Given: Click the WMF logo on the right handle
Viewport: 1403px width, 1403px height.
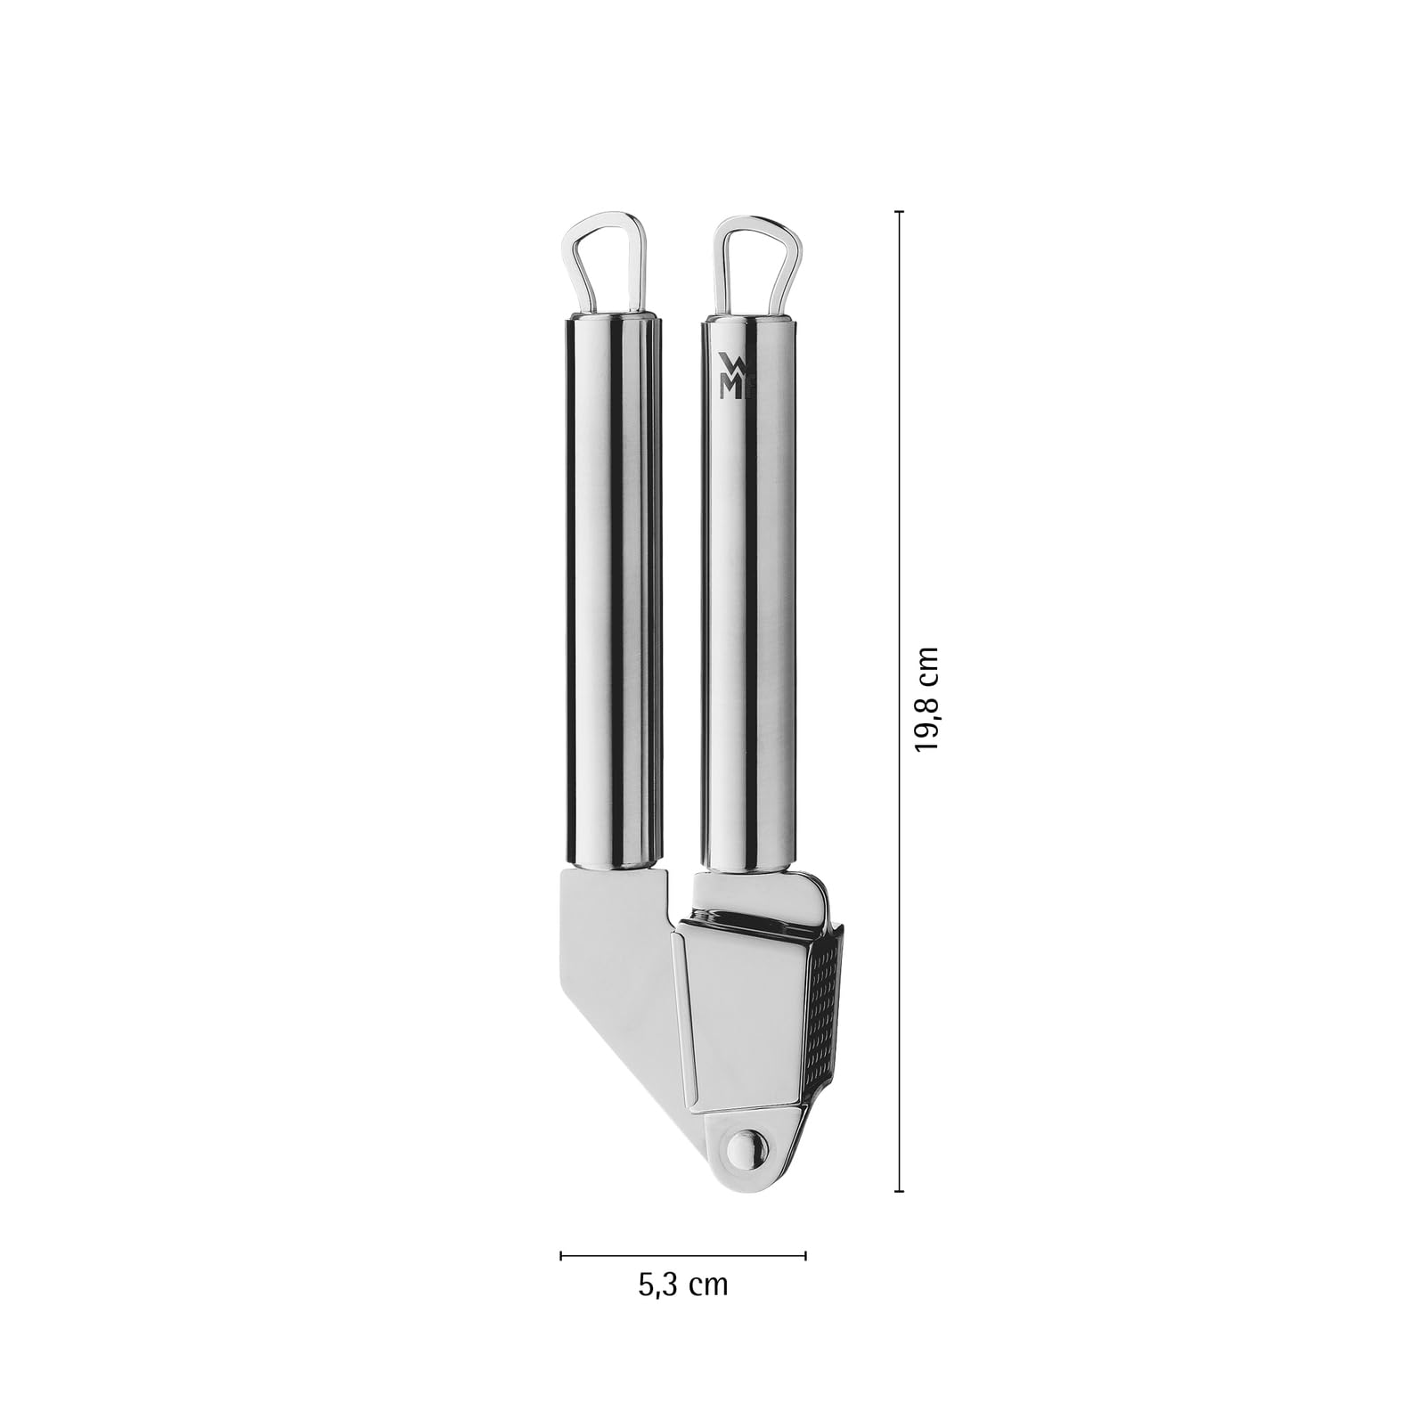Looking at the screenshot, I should (730, 374).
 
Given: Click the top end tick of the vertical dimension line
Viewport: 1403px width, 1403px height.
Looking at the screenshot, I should (899, 212).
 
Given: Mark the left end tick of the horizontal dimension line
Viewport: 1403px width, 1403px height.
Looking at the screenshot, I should (560, 1255).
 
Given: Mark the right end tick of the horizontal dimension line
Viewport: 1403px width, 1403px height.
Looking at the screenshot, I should (805, 1255).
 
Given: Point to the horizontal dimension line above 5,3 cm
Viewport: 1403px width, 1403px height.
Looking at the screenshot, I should (682, 1255).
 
